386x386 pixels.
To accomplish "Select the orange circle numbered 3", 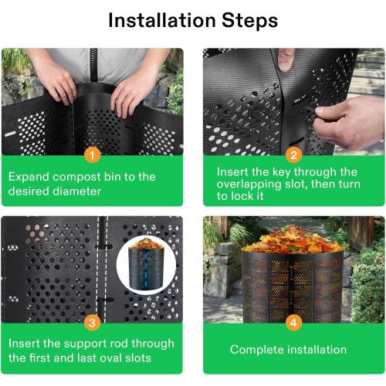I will tap(92, 322).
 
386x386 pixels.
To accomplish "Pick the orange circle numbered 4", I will tap(293, 322).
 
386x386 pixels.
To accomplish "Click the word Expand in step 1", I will tap(30, 177).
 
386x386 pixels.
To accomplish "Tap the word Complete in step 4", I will tap(255, 350).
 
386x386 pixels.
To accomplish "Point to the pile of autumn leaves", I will tap(293, 239).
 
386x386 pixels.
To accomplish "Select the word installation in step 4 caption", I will tap(320, 350).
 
